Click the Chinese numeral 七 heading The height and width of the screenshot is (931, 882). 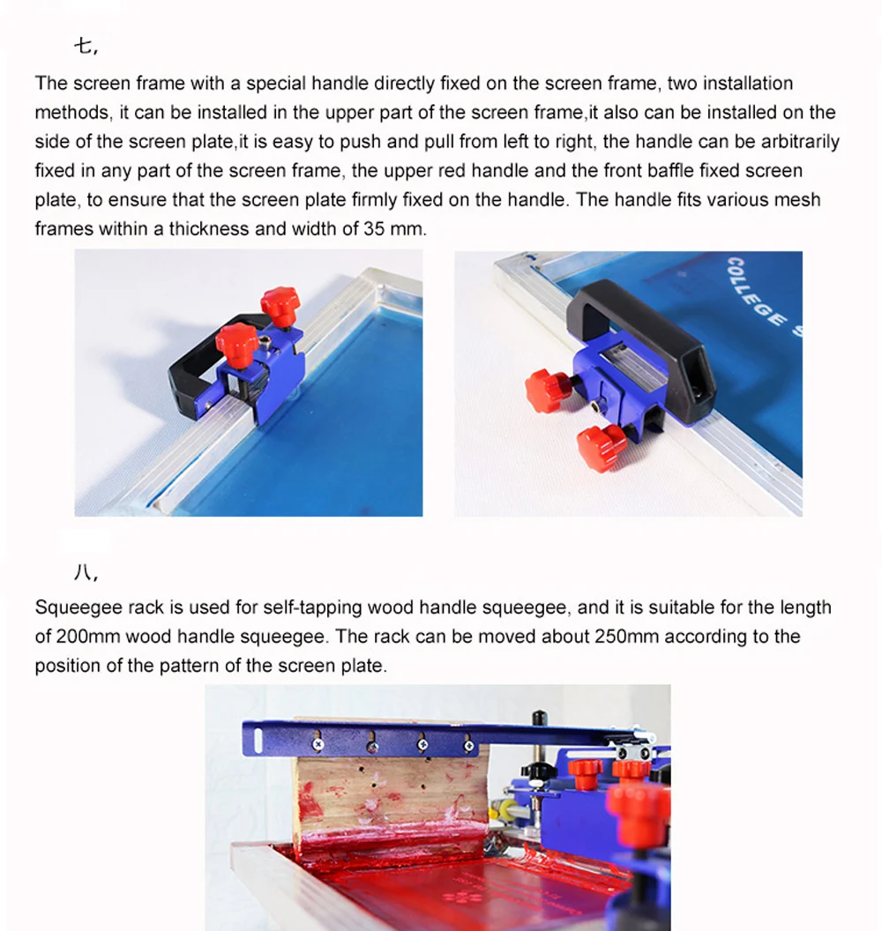point(83,46)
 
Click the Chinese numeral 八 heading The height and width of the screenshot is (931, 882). point(83,572)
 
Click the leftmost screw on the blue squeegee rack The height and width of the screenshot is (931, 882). point(318,744)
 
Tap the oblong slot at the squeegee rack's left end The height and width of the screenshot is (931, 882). point(258,739)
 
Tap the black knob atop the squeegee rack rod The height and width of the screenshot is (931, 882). point(539,718)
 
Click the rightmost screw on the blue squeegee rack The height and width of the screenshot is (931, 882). point(468,745)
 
